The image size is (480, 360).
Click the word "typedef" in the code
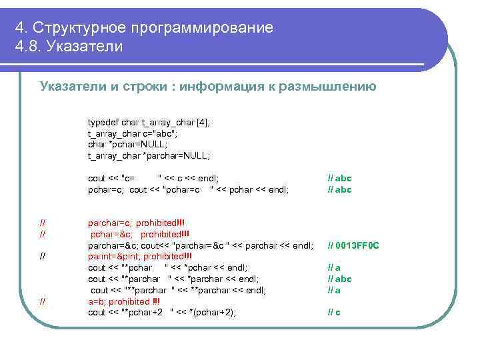click(x=101, y=123)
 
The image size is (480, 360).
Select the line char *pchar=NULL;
click(x=128, y=144)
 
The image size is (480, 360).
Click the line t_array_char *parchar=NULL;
click(x=149, y=155)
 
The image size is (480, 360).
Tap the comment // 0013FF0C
click(x=353, y=245)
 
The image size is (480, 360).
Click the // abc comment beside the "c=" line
click(x=339, y=178)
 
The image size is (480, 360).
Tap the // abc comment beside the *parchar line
click(x=339, y=279)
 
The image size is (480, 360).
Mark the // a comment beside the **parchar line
click(x=334, y=290)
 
